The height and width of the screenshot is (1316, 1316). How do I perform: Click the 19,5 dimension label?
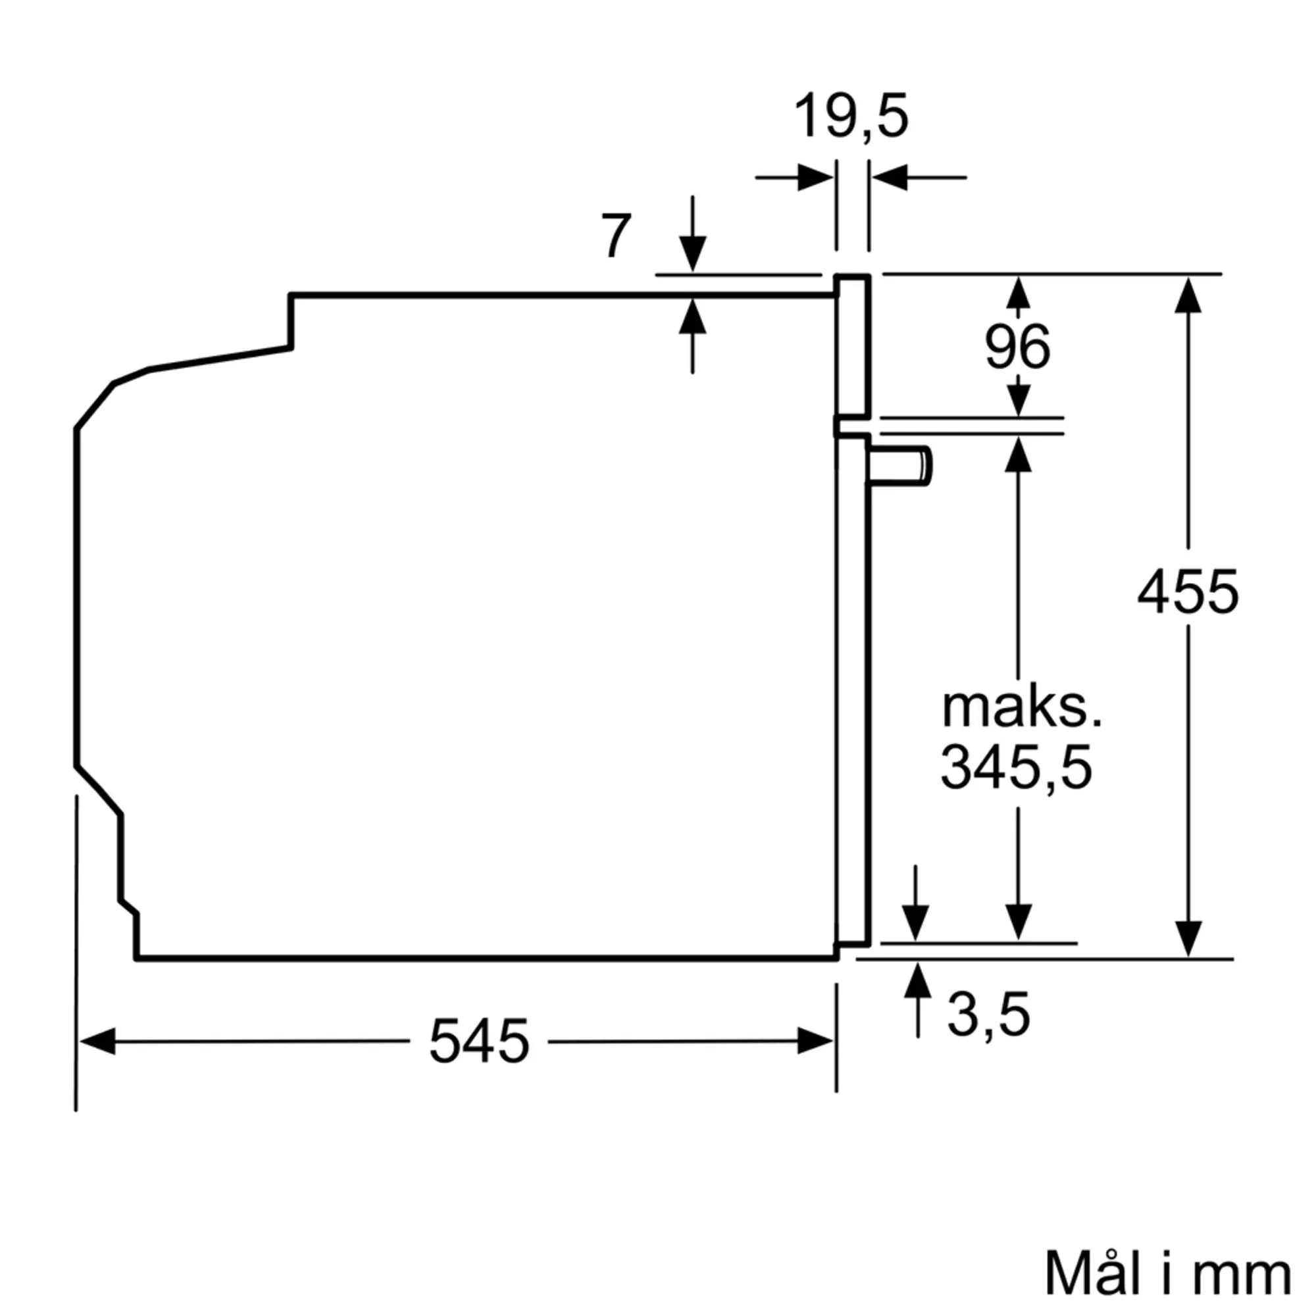pos(851,116)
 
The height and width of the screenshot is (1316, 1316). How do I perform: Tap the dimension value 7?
pos(616,236)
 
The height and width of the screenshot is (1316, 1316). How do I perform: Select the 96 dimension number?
pos(1017,347)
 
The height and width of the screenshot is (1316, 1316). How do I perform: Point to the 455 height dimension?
pos(1187,592)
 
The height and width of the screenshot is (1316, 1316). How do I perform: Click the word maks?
pos(1022,709)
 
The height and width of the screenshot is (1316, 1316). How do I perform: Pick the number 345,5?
pos(1017,768)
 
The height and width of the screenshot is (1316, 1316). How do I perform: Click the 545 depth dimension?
pos(479,1041)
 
